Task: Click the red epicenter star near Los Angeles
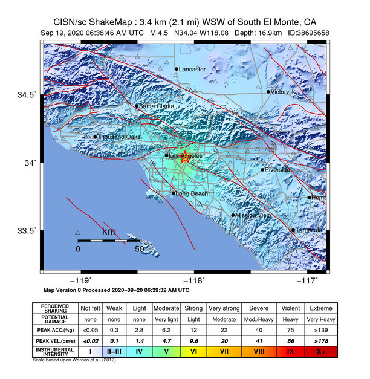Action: [x=186, y=156]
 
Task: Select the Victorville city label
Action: [x=285, y=92]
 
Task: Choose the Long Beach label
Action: [x=192, y=193]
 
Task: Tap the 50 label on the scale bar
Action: [x=140, y=249]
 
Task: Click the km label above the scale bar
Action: [x=108, y=232]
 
